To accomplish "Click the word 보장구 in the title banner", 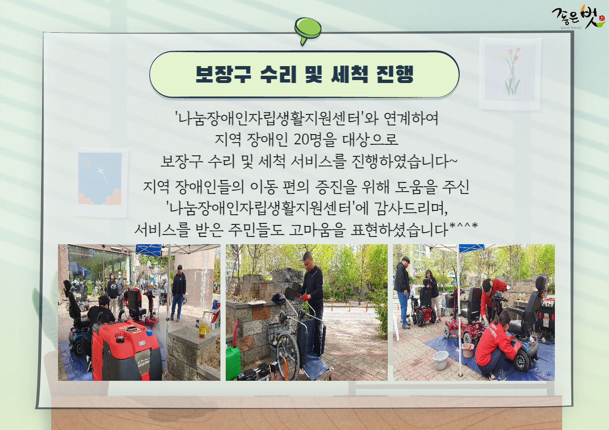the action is [223, 74].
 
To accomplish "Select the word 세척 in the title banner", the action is [349, 74].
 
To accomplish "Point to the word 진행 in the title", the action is [395, 74].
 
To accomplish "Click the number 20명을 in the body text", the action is [315, 139].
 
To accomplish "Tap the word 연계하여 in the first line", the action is [411, 118].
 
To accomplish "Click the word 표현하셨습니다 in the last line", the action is [400, 230].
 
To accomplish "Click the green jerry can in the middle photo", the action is [233, 362].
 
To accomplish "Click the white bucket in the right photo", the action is [440, 360].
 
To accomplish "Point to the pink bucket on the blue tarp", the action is [468, 350].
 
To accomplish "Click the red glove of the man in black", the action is [305, 297].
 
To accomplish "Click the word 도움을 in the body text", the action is [416, 187].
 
